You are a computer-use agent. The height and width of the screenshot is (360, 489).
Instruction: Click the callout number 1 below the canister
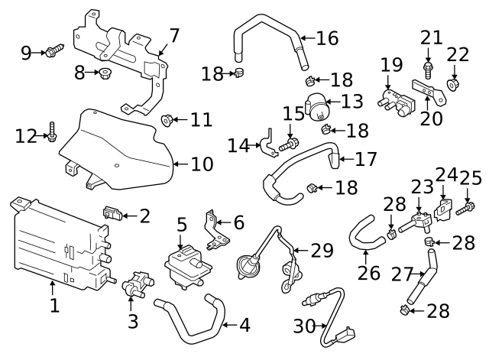[x=54, y=306]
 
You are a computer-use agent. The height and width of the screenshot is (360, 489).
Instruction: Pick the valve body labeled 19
[x=392, y=99]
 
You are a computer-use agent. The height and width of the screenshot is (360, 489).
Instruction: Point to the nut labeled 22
[x=453, y=83]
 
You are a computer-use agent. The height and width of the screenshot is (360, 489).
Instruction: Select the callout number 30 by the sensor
[x=304, y=326]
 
